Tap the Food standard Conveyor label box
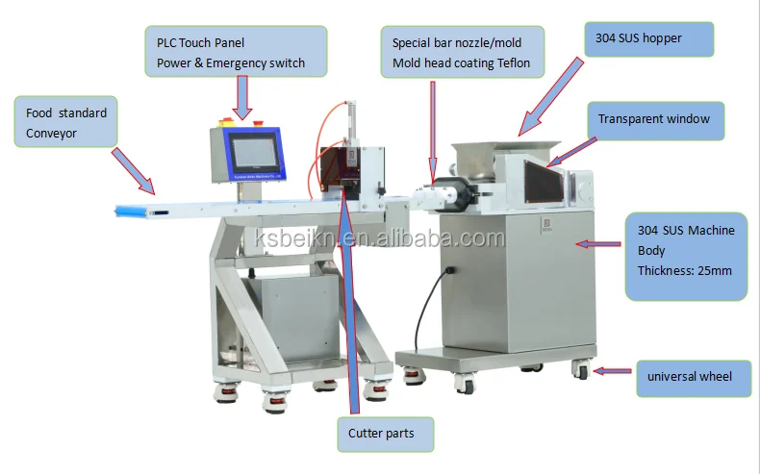pyautogui.click(x=65, y=121)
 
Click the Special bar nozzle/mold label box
pyautogui.click(x=463, y=52)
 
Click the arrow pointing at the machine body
pyautogui.click(x=597, y=245)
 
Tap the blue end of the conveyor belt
pyautogui.click(x=130, y=209)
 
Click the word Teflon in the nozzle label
pyautogui.click(x=511, y=63)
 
